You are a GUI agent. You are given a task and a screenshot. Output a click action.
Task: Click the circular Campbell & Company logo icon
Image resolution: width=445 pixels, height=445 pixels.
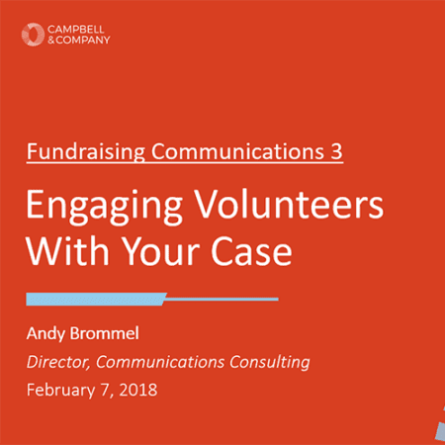(33, 35)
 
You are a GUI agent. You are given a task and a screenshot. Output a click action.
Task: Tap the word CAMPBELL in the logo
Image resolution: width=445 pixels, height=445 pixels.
(76, 30)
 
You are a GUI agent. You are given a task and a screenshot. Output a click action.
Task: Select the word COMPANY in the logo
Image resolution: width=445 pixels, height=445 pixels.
(83, 40)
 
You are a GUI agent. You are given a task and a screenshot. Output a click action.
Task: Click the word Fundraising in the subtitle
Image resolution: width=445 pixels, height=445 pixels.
(86, 151)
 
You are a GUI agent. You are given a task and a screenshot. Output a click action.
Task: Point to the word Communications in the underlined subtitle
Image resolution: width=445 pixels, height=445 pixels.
(237, 151)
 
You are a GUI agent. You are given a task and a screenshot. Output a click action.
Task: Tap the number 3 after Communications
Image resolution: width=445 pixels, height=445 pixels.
(336, 152)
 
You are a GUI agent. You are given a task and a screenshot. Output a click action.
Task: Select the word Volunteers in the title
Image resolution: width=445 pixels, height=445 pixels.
(290, 204)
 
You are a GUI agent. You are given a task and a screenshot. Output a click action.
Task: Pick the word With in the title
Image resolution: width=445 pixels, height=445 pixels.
(67, 250)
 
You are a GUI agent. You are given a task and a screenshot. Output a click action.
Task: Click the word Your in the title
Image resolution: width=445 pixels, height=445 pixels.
(161, 251)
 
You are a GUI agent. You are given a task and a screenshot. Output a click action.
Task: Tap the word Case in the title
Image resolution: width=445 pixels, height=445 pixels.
(251, 252)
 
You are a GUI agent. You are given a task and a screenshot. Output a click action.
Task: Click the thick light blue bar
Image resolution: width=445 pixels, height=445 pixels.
(96, 299)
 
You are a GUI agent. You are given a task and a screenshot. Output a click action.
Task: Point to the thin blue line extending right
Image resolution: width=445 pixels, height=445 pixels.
(222, 299)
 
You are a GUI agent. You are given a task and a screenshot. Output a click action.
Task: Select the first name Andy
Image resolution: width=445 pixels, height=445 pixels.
(45, 334)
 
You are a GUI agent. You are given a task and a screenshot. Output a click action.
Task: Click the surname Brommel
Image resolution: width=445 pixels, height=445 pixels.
(105, 333)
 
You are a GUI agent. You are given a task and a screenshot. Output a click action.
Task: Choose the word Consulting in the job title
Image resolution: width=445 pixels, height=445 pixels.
(270, 363)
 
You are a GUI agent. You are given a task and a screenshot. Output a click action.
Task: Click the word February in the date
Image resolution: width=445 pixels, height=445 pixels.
(60, 391)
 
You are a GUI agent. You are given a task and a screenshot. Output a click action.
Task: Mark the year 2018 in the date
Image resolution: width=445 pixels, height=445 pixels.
(138, 390)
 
